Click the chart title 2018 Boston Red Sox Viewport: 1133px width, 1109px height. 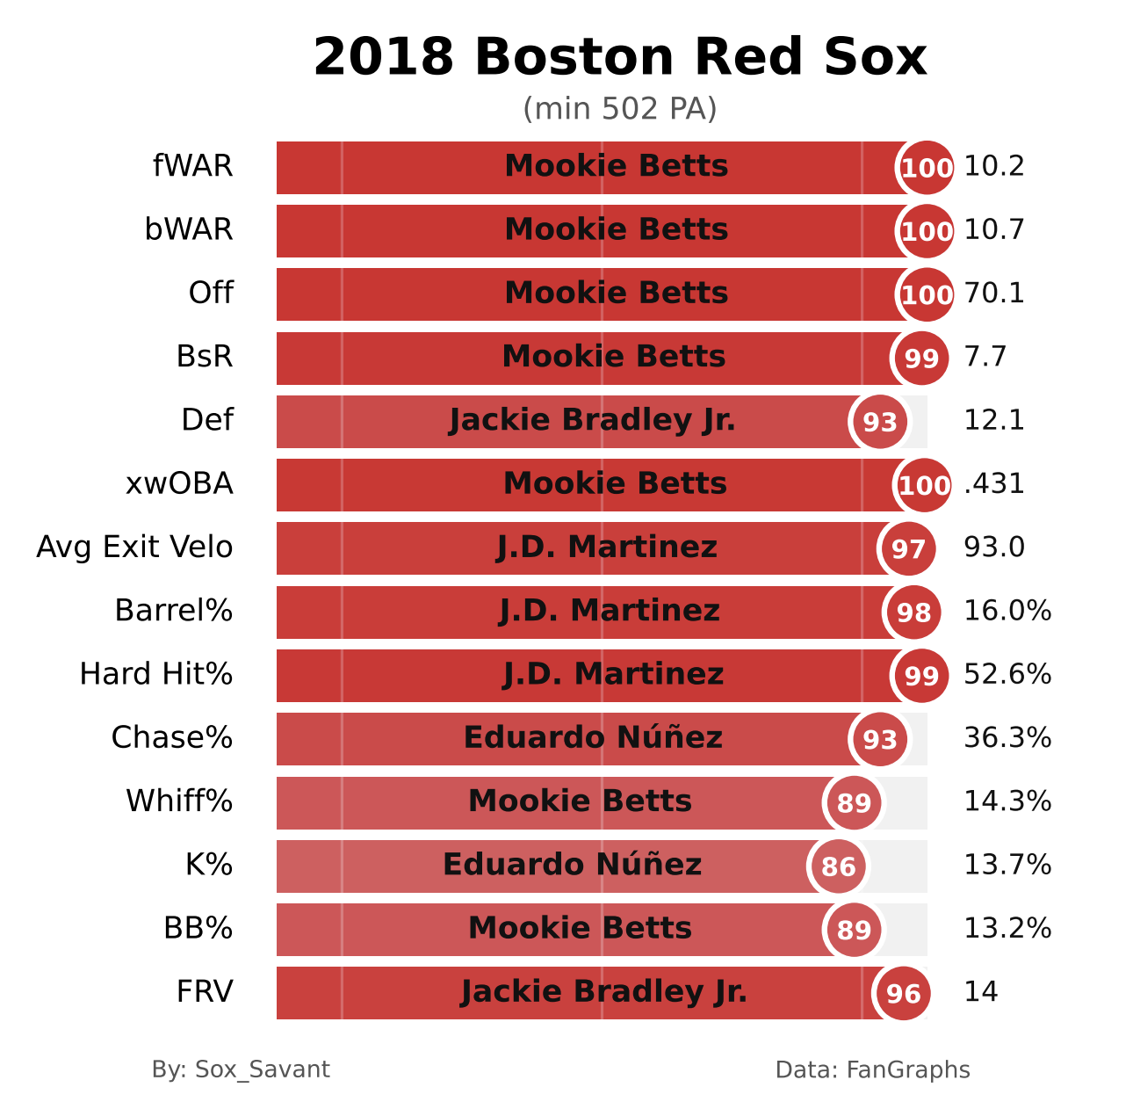[x=620, y=58]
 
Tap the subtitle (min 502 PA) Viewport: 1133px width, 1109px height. [x=620, y=109]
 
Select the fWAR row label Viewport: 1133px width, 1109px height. [x=193, y=166]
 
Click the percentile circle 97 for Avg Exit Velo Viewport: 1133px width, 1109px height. [x=908, y=549]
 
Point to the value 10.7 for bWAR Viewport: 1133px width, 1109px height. [x=994, y=230]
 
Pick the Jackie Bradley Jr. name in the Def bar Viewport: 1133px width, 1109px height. [x=592, y=420]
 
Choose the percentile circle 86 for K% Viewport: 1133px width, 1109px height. [x=838, y=867]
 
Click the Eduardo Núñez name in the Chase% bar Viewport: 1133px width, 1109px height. [x=593, y=738]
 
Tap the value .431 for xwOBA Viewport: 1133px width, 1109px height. [x=994, y=484]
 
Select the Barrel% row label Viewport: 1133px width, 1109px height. [x=174, y=611]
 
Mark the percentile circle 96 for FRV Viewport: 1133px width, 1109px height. [x=903, y=994]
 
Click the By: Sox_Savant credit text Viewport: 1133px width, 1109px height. [x=241, y=1069]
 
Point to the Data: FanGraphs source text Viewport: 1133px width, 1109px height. [x=872, y=1069]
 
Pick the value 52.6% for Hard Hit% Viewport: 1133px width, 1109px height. [x=1007, y=675]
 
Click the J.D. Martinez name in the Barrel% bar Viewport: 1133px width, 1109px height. [x=610, y=611]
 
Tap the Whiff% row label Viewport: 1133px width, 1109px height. [x=179, y=801]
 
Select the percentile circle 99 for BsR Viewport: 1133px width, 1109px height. [x=921, y=359]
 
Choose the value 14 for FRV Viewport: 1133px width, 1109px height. [x=981, y=992]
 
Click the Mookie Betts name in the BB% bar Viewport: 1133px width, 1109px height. [x=580, y=928]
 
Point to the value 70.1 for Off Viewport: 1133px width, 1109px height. [x=994, y=294]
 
